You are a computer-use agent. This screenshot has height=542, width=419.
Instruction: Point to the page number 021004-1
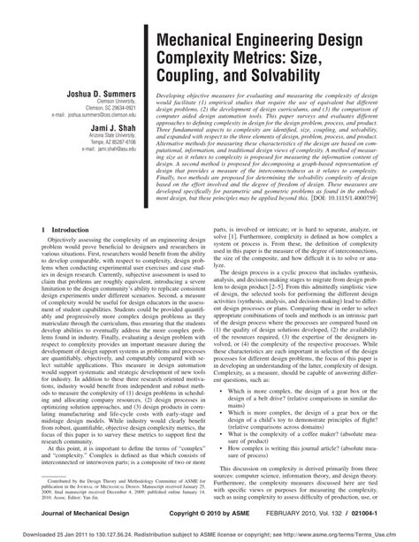click(x=385, y=512)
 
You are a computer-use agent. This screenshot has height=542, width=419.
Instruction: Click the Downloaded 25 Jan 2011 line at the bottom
click(x=209, y=534)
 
